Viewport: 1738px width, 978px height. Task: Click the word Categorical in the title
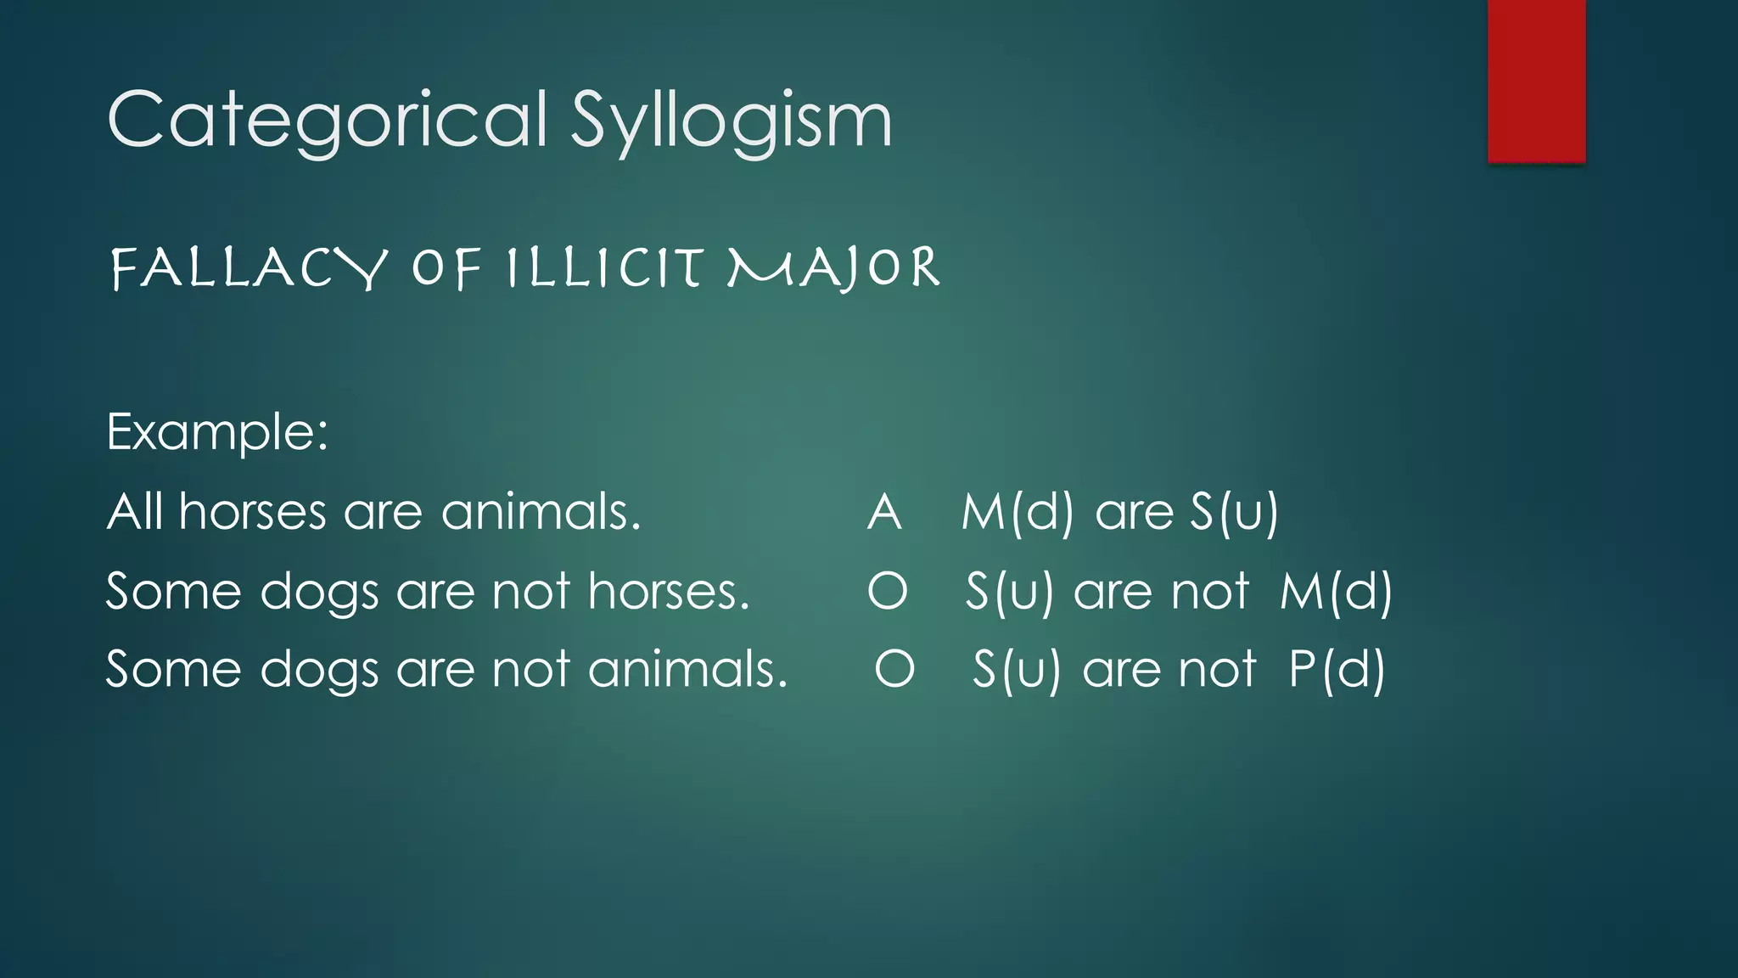(327, 121)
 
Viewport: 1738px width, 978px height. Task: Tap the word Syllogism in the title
(731, 121)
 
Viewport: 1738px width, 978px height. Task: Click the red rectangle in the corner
(1536, 81)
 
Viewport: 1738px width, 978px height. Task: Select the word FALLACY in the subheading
(249, 269)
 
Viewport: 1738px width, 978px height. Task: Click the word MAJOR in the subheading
(834, 268)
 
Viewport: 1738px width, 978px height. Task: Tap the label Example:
(217, 432)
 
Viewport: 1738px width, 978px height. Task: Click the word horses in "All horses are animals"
(253, 512)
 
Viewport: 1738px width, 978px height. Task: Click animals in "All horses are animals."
(541, 512)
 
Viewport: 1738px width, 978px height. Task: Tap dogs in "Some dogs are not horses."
(319, 593)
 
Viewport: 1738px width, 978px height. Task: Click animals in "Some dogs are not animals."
(687, 669)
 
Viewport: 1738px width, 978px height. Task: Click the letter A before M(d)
(884, 513)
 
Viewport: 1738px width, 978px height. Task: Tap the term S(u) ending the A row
(1234, 513)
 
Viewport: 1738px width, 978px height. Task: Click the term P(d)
(1337, 669)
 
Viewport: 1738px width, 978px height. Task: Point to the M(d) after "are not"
(1336, 591)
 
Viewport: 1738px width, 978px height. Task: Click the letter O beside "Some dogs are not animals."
(894, 669)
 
